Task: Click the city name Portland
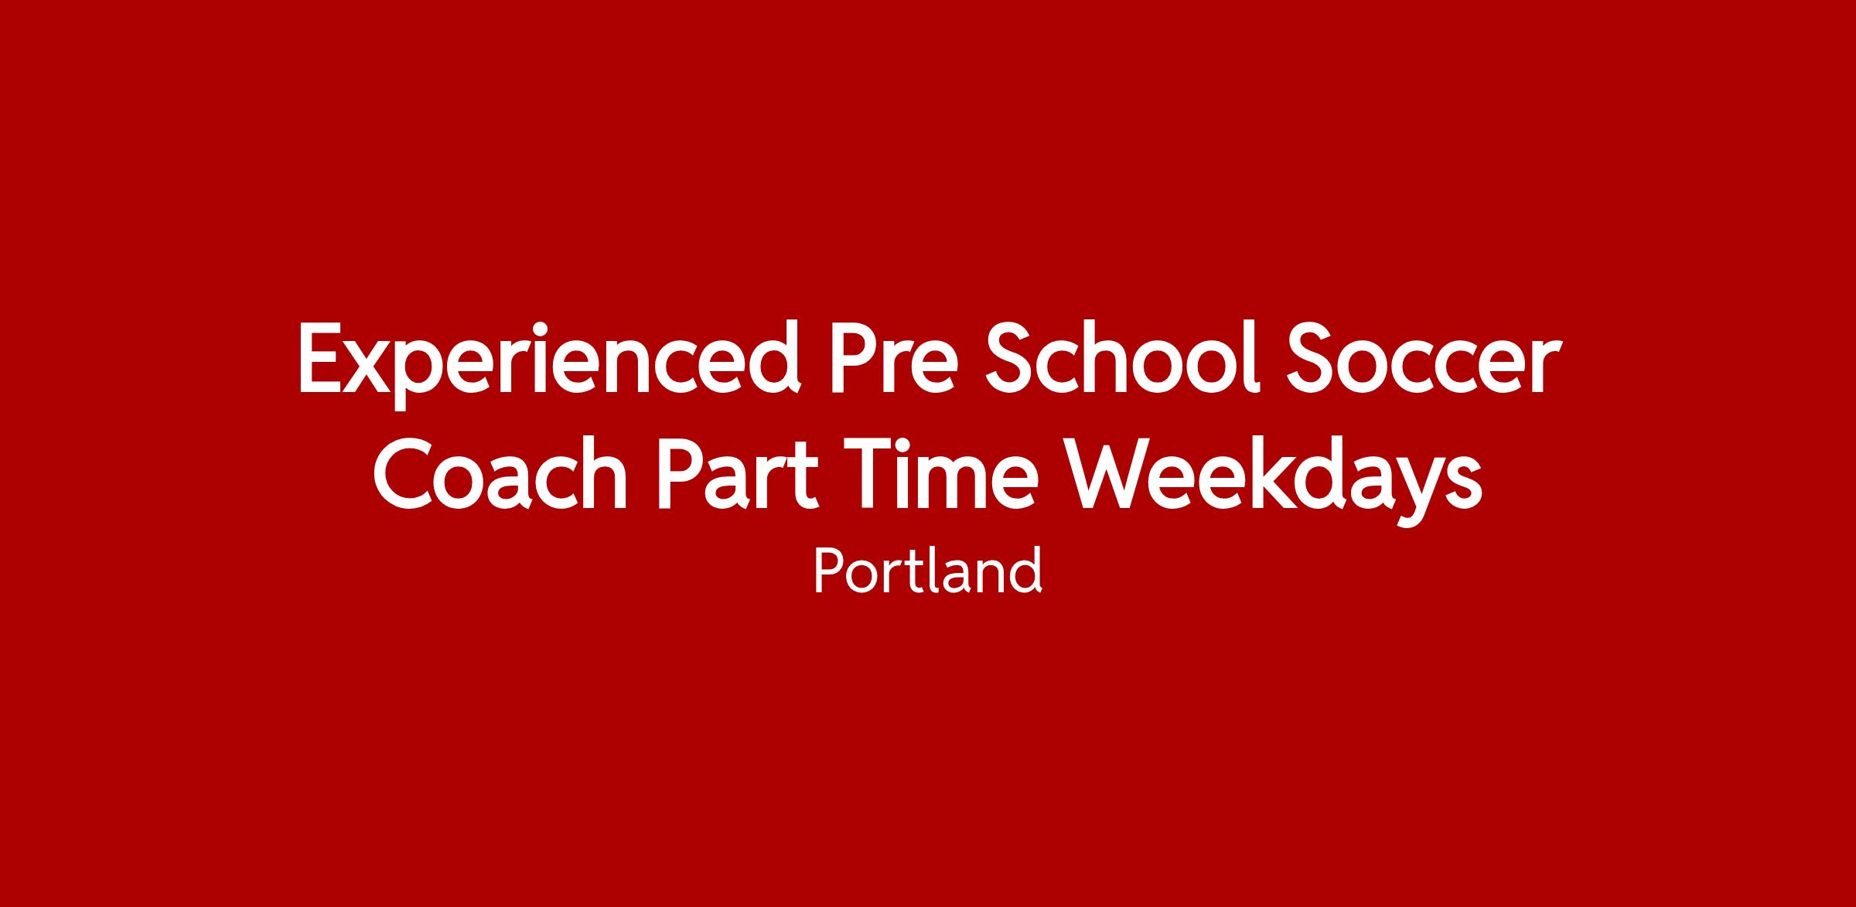927,571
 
